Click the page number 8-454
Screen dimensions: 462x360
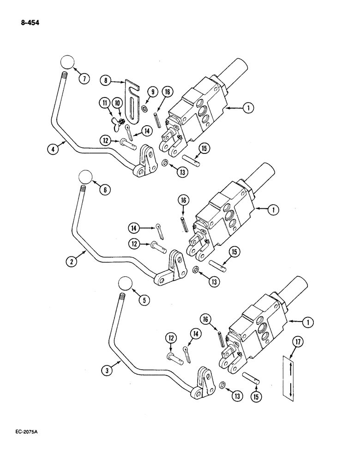tap(29, 21)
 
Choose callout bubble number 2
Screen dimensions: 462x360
tap(72, 262)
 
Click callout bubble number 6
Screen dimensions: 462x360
tap(104, 189)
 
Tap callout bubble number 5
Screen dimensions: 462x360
tap(145, 300)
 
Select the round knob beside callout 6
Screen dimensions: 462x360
tap(85, 176)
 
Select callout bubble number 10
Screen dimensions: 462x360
tap(117, 102)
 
